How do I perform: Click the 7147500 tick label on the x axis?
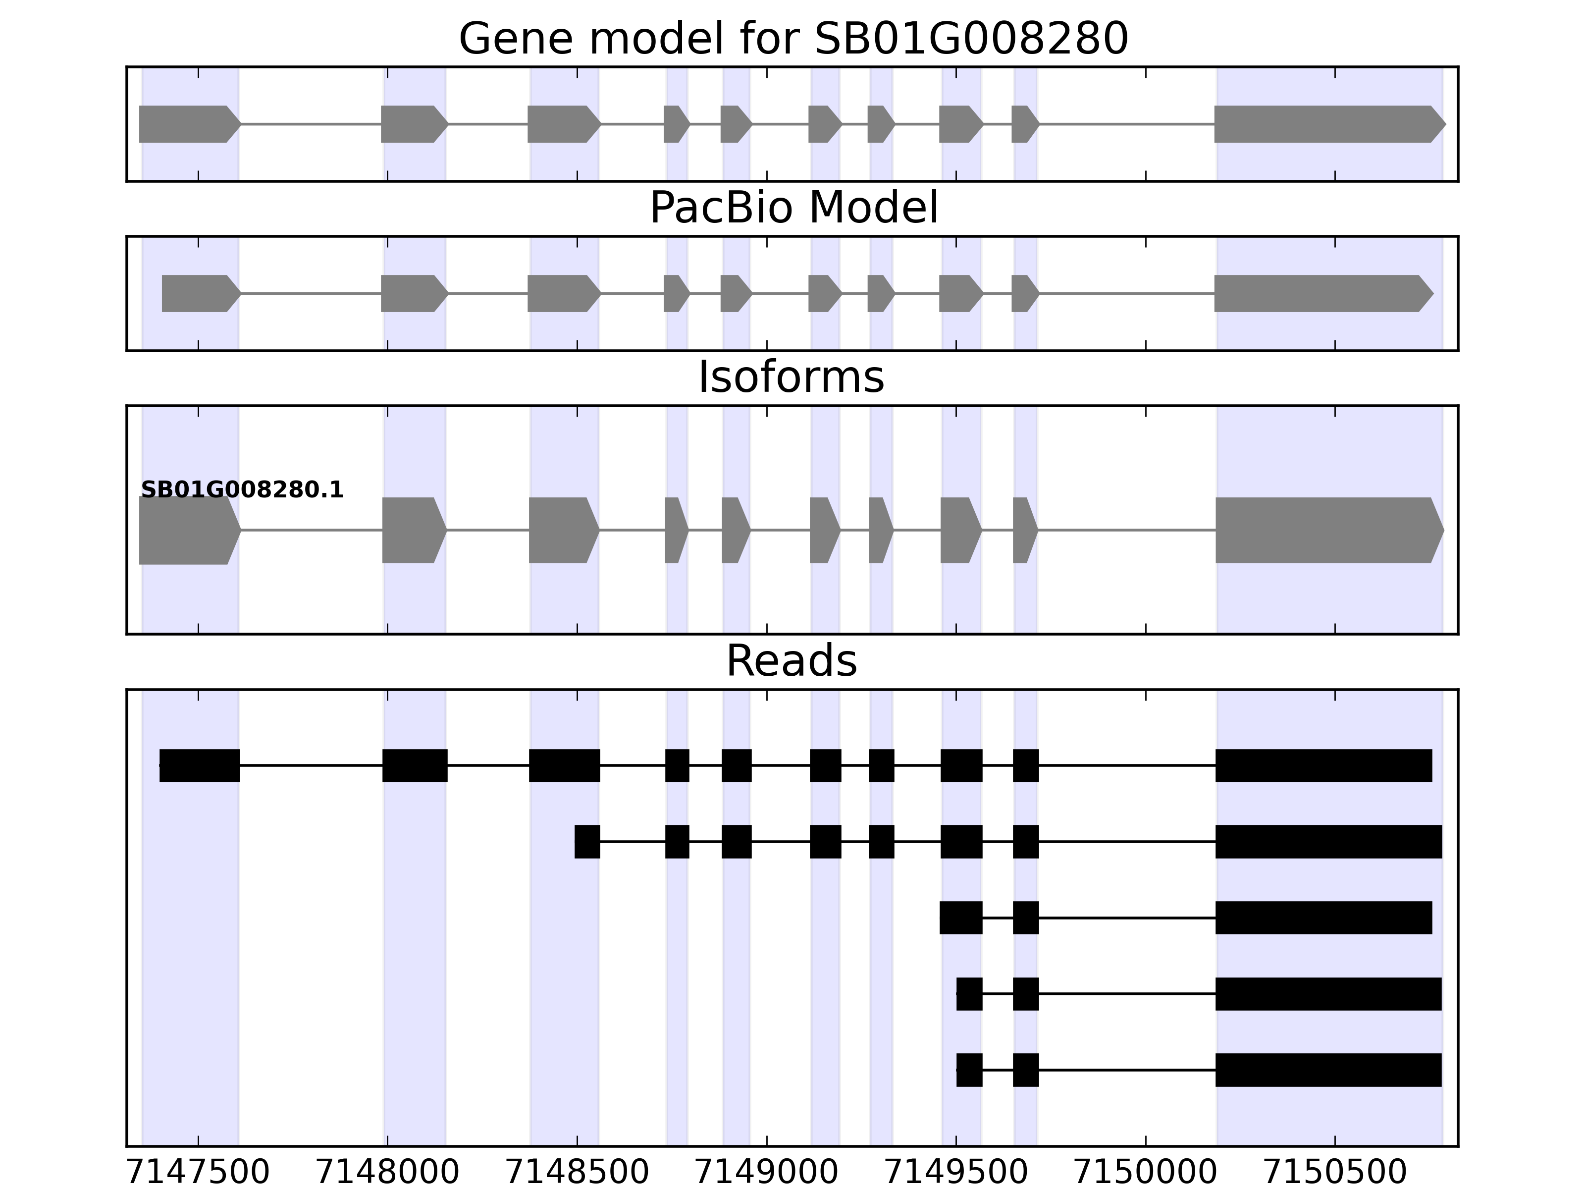pyautogui.click(x=198, y=1173)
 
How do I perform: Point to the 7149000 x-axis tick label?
pyautogui.click(x=767, y=1173)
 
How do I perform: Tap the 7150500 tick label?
pyautogui.click(x=1335, y=1173)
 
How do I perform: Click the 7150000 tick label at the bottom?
pyautogui.click(x=1145, y=1173)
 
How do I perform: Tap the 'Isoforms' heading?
pyautogui.click(x=791, y=377)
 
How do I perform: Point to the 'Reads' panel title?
pyautogui.click(x=791, y=661)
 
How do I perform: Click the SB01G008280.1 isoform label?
pyautogui.click(x=242, y=490)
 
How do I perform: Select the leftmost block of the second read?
pyautogui.click(x=587, y=841)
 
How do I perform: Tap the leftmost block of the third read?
pyautogui.click(x=960, y=918)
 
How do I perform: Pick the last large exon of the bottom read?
pyautogui.click(x=1328, y=1070)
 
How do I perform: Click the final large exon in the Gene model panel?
pyautogui.click(x=1325, y=124)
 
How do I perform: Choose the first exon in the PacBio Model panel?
pyautogui.click(x=197, y=293)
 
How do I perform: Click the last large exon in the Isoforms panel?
pyautogui.click(x=1325, y=531)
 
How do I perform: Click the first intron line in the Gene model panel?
pyautogui.click(x=310, y=124)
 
